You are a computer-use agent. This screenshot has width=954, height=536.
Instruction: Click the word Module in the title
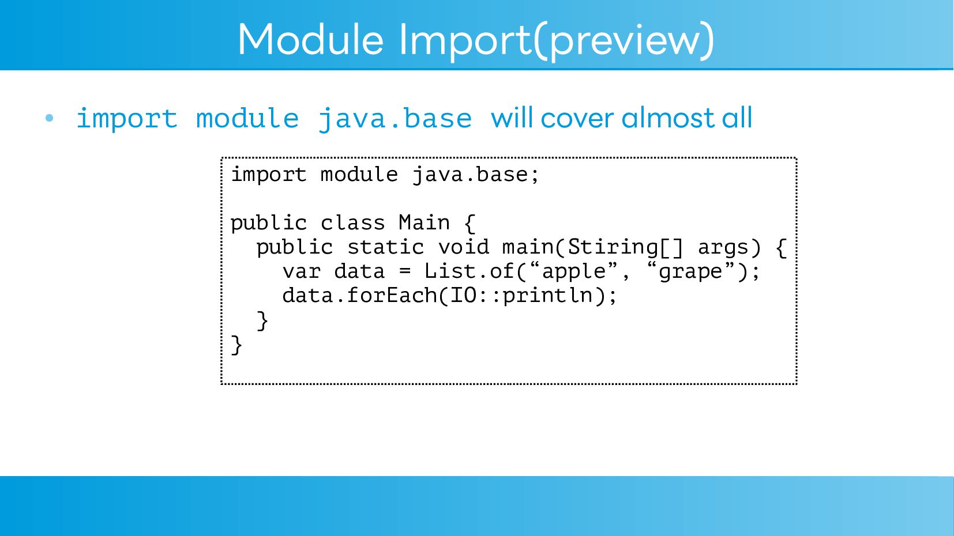[x=311, y=40]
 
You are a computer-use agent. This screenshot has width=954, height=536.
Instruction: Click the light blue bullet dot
[x=50, y=118]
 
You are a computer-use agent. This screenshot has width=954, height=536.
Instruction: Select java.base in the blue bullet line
[x=395, y=119]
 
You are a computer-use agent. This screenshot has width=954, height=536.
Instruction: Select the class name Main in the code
[x=424, y=222]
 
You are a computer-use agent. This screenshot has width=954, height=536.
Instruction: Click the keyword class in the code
[x=352, y=222]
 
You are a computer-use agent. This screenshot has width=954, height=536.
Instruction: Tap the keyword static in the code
[x=385, y=247]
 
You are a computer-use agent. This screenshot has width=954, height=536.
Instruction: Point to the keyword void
[x=463, y=247]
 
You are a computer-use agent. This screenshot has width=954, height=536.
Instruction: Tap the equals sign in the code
[x=405, y=271]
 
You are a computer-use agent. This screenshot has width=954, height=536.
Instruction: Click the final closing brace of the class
[x=236, y=345]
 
